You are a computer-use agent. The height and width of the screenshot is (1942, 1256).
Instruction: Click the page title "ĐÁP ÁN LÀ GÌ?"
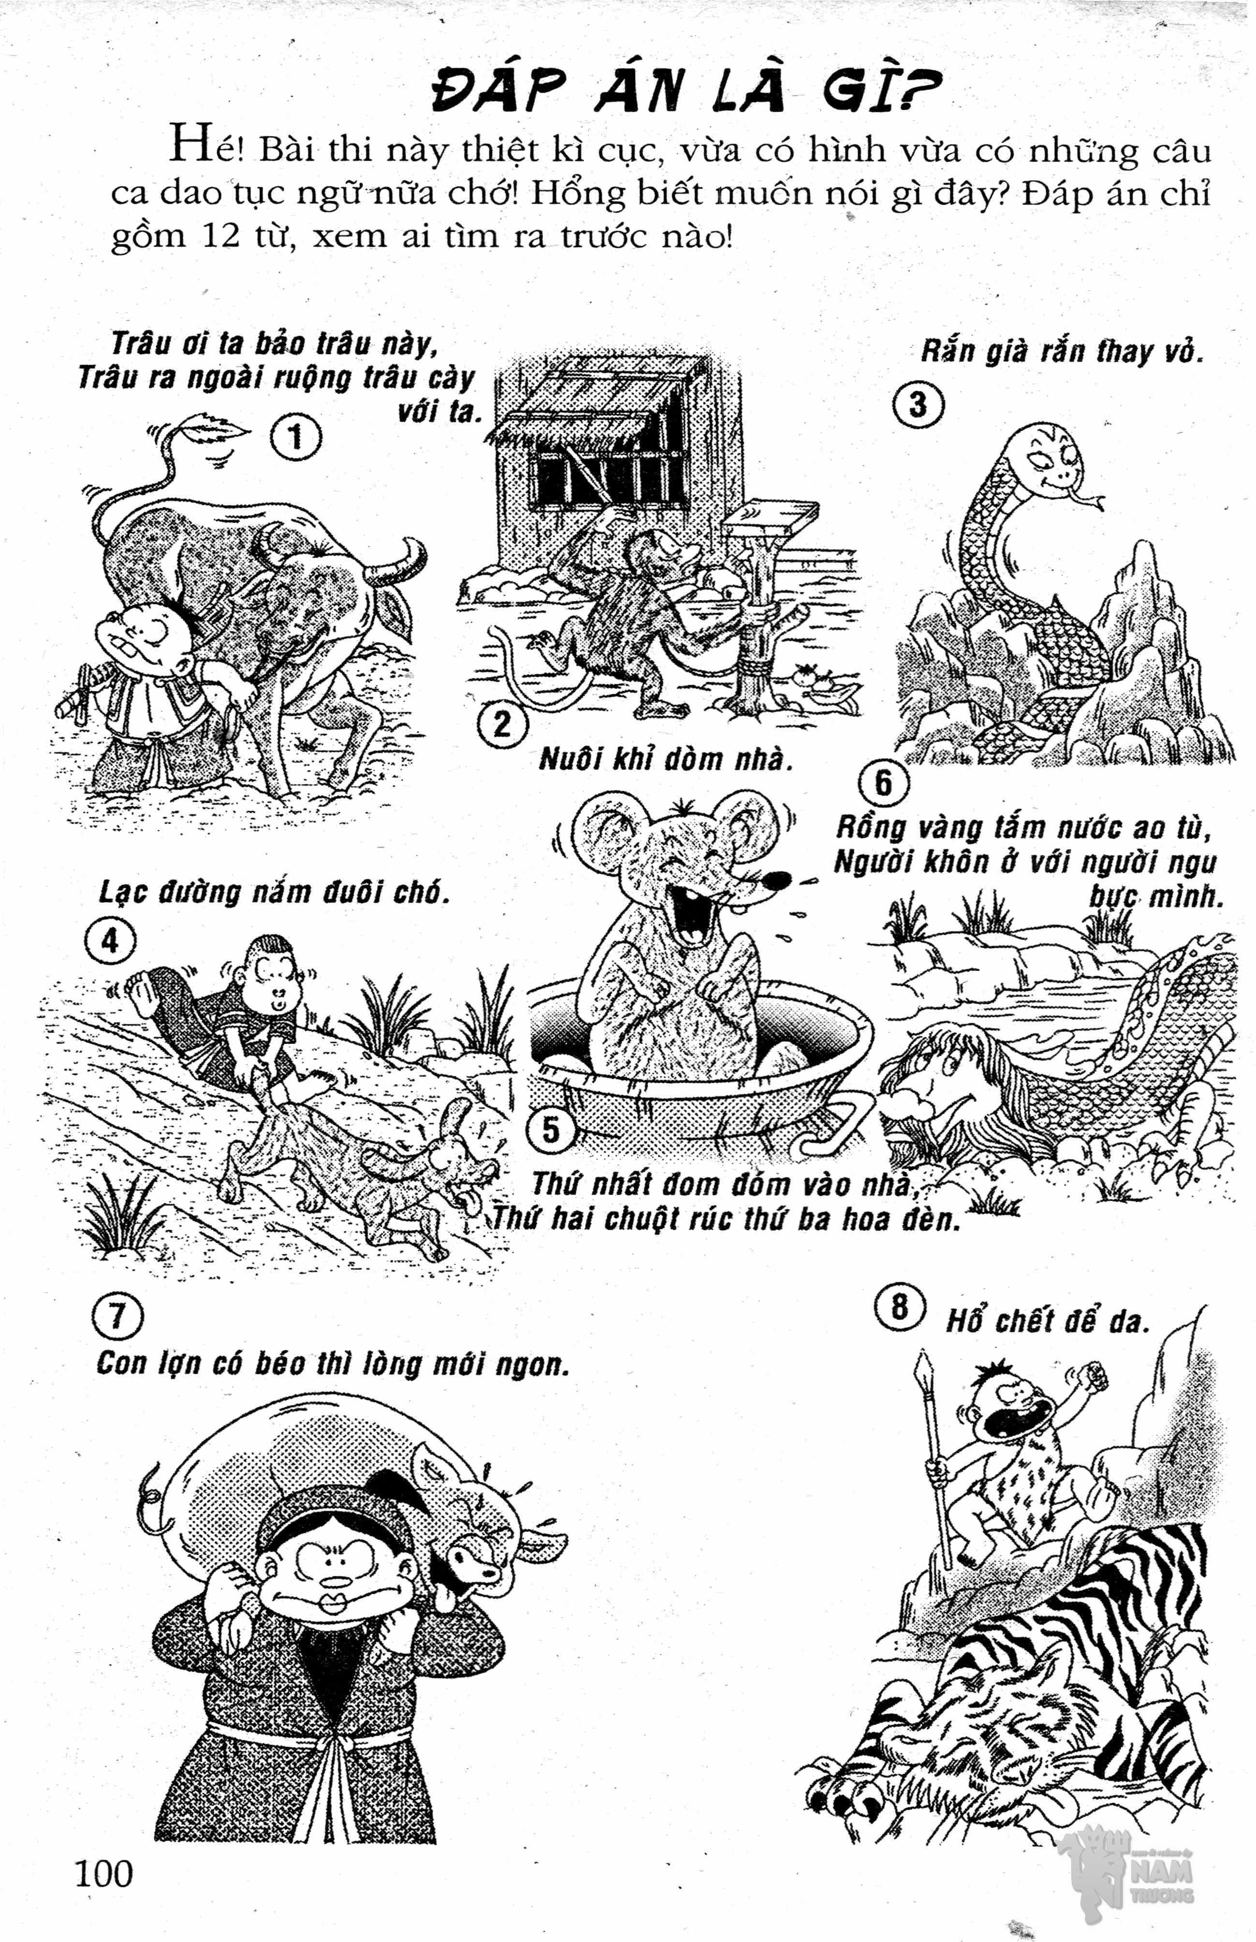[686, 90]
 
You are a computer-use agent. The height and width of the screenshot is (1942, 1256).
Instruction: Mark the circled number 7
[118, 1316]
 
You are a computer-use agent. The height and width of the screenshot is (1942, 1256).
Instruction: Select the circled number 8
[900, 1308]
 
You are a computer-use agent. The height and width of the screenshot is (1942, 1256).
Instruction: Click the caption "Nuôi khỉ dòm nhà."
[666, 759]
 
